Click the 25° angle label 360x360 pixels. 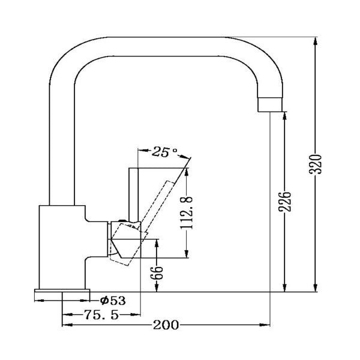click(x=164, y=152)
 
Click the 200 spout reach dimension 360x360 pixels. click(x=166, y=326)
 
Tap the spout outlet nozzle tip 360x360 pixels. click(x=270, y=105)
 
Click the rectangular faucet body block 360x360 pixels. click(x=61, y=246)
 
